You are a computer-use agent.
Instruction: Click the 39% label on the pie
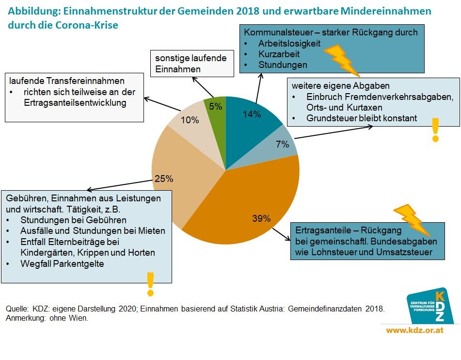(261, 218)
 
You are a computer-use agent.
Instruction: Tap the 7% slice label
(283, 144)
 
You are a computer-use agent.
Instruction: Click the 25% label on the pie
(164, 179)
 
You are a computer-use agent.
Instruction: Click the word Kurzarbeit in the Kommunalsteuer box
(279, 54)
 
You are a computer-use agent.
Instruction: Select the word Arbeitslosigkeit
(289, 43)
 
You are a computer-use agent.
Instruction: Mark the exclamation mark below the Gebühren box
(150, 284)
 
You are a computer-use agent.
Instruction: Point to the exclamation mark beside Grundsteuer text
(435, 130)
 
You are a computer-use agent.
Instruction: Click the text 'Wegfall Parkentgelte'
(62, 264)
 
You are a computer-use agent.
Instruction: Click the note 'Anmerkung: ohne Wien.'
(47, 318)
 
